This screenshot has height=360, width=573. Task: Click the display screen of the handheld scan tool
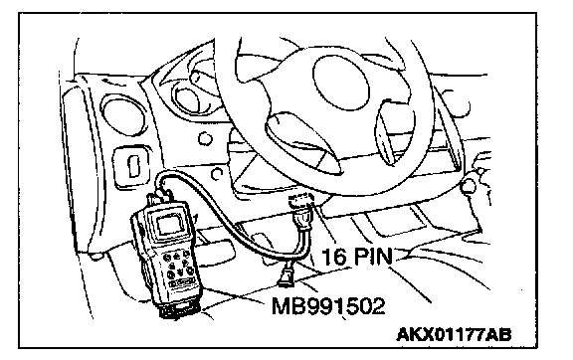[x=169, y=224]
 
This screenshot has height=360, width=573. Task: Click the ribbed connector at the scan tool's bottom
[x=180, y=310]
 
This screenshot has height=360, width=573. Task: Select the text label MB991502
[x=328, y=305]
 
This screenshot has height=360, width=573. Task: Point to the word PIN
[x=373, y=256]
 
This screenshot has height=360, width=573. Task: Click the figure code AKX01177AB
[x=454, y=334]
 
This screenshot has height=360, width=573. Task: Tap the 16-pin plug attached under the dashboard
[x=301, y=213]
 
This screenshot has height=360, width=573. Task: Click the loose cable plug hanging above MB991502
[x=286, y=276]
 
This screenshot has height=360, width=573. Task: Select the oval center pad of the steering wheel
[x=341, y=84]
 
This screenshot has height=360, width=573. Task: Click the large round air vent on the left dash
[x=121, y=115]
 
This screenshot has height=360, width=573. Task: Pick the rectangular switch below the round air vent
[x=132, y=166]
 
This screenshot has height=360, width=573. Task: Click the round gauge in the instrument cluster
[x=187, y=97]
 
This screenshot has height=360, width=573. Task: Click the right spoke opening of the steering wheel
[x=386, y=134]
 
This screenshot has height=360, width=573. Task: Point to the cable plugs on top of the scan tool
[x=160, y=198]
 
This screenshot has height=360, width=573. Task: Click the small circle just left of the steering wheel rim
[x=205, y=139]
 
